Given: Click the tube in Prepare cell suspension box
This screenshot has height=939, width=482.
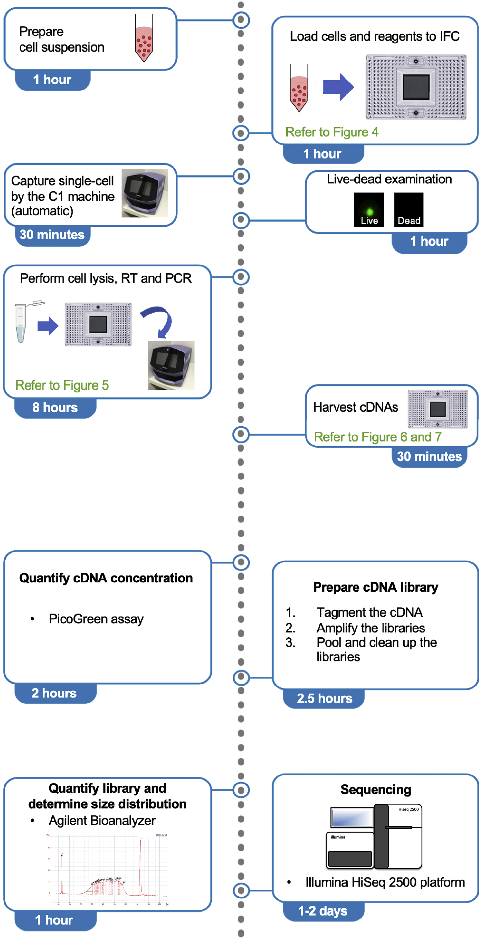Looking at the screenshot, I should pyautogui.click(x=144, y=38).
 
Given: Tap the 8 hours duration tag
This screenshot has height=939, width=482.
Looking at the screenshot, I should pyautogui.click(x=55, y=408).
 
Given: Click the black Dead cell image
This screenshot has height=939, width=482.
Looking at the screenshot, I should pyautogui.click(x=409, y=210).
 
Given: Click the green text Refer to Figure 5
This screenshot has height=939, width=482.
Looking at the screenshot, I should pyautogui.click(x=62, y=385).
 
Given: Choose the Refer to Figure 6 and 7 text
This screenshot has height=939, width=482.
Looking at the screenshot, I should pyautogui.click(x=378, y=437).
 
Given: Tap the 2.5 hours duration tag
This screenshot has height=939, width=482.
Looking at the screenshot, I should pyautogui.click(x=324, y=698).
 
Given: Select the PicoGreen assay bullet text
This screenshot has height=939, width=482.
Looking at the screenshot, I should pyautogui.click(x=96, y=619).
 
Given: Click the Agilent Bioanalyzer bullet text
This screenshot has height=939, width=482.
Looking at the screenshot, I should pyautogui.click(x=102, y=820).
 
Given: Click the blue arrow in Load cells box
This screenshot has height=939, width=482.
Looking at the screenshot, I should pyautogui.click(x=338, y=87).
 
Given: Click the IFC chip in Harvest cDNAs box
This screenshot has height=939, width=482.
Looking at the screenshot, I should pyautogui.click(x=437, y=409).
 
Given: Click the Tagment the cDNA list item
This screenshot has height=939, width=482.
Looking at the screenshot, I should pyautogui.click(x=369, y=612).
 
